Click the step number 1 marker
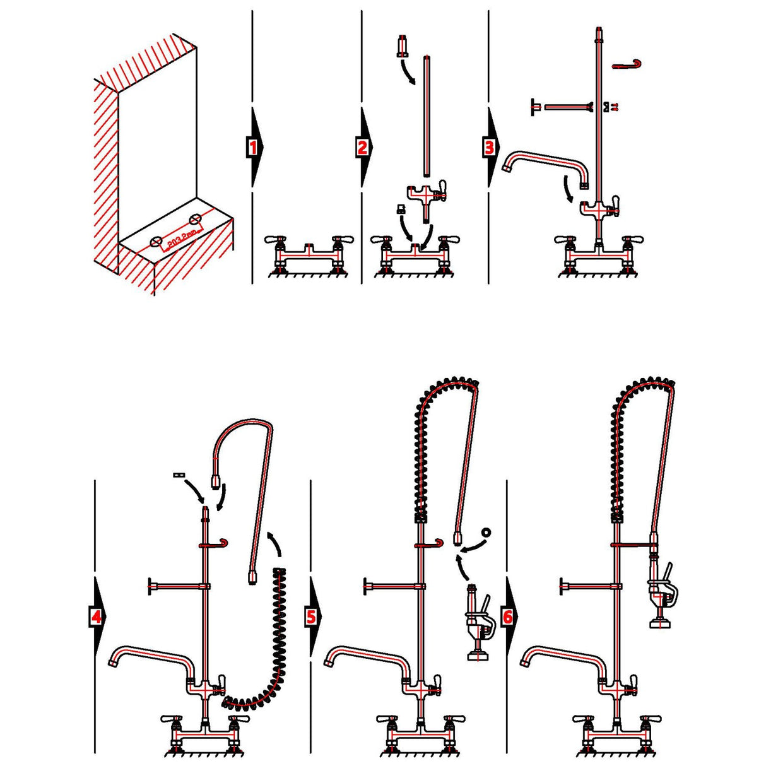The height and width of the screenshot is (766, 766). (253, 148)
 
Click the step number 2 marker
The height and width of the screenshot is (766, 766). (362, 148)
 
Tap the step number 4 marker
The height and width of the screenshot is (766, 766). (96, 616)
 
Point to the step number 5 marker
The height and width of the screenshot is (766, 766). (312, 616)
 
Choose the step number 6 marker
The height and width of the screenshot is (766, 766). (508, 616)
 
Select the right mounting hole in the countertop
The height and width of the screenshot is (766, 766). (196, 219)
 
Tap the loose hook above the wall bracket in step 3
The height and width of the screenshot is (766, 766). (628, 64)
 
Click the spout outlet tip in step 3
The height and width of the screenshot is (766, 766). (507, 167)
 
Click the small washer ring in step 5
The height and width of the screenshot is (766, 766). (485, 532)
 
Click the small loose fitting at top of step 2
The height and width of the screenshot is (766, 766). (401, 48)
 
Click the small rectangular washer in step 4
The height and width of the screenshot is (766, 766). (177, 474)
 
